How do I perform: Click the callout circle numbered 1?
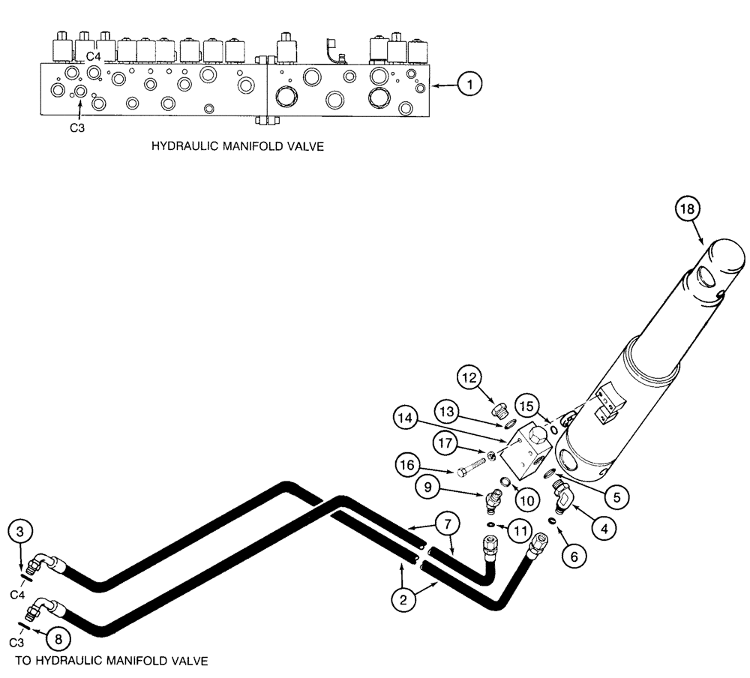click(x=469, y=85)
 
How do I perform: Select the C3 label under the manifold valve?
click(x=77, y=127)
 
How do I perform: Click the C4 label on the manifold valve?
click(x=93, y=56)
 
